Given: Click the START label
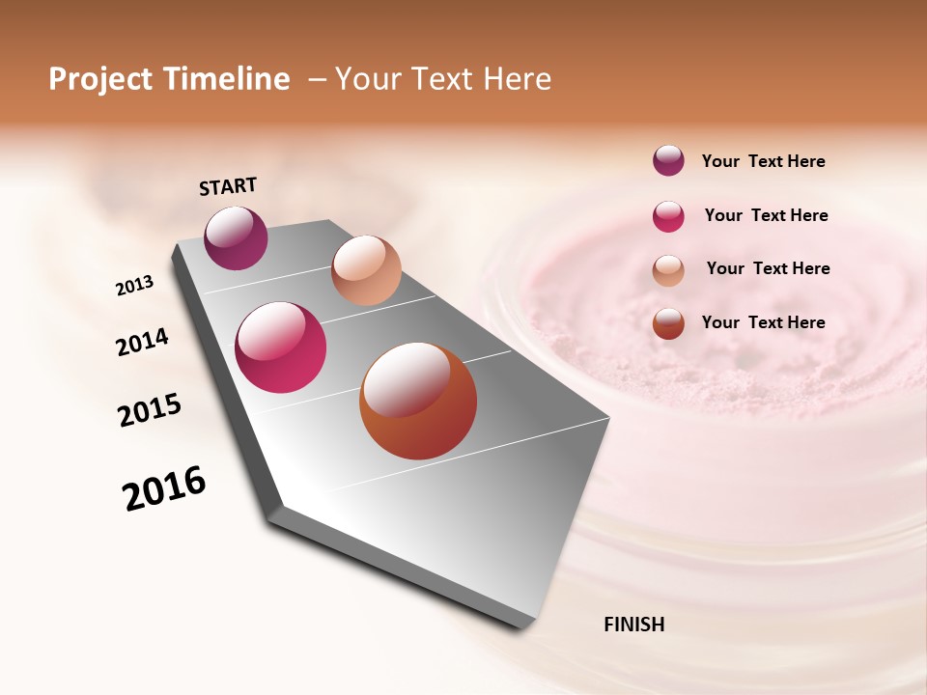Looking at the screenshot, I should point(228,186).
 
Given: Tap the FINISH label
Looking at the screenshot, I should point(633,625).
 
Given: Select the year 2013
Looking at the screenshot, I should point(134,286).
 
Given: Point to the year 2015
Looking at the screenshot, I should point(150,409).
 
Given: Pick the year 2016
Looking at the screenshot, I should point(164,487).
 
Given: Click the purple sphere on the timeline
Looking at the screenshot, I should point(236,237).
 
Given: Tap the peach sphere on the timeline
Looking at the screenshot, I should point(366,269).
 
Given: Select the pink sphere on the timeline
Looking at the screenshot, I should point(281,347).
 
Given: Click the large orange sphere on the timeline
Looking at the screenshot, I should point(418,401).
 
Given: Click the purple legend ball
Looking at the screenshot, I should point(668,161).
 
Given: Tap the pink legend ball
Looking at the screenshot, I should point(668,216).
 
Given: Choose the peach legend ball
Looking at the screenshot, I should point(668,270).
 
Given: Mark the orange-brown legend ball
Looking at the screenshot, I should point(668,323).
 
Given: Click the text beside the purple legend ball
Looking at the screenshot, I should point(763,162).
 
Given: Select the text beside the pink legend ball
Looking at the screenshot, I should point(766,215).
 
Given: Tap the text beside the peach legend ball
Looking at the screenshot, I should point(768,268).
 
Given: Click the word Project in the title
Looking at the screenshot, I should point(101,79).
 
